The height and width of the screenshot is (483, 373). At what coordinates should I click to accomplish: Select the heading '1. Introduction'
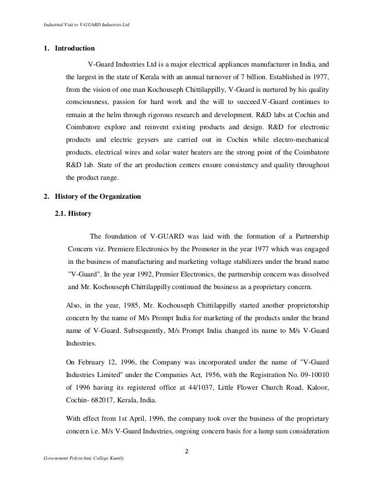tap(69, 49)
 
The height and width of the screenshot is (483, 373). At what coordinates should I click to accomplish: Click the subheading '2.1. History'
tap(74, 213)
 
